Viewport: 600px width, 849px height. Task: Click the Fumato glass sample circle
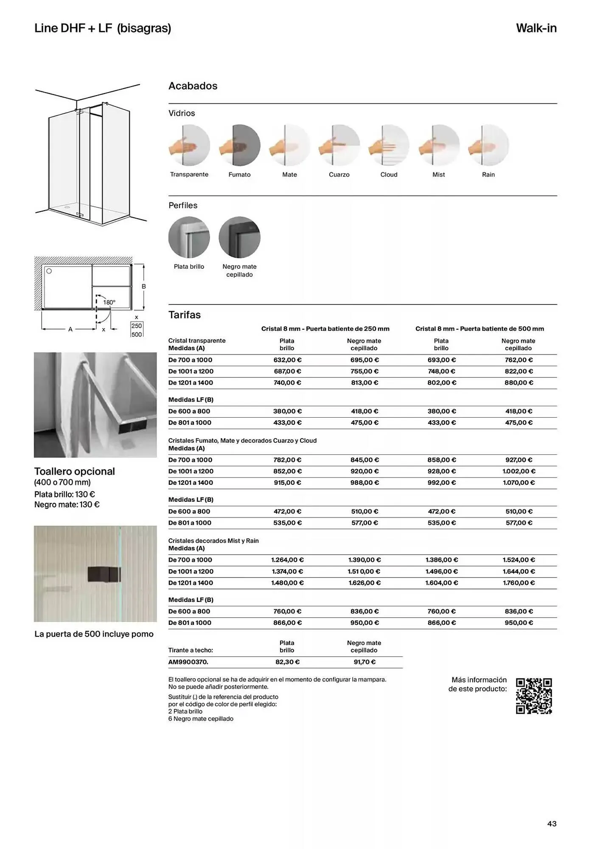coord(239,145)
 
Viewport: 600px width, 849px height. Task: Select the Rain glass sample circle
coord(488,145)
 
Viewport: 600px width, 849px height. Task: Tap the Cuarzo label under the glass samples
coord(339,174)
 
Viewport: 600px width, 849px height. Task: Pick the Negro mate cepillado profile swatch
coord(239,237)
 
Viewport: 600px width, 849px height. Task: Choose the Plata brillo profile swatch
coord(189,237)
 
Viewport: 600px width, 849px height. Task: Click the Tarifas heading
coord(185,315)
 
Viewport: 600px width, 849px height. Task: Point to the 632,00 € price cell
coord(287,360)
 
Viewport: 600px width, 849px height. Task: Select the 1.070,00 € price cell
coord(519,483)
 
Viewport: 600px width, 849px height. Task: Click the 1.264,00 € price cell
coord(287,560)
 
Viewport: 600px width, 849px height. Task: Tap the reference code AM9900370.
coord(188,662)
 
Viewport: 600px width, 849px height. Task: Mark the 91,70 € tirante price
coord(364,662)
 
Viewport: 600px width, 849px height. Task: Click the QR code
coord(534,696)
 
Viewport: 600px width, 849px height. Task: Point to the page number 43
coord(552,824)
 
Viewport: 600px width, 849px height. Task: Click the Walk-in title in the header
coord(536,28)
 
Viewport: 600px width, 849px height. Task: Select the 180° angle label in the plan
coord(109,303)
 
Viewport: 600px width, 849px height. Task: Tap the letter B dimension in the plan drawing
coord(144,287)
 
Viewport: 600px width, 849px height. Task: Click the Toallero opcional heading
coord(75,472)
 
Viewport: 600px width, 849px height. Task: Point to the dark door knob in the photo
coord(104,574)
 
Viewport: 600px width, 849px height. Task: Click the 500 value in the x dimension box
coord(137,335)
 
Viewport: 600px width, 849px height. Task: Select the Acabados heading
coord(193,86)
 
